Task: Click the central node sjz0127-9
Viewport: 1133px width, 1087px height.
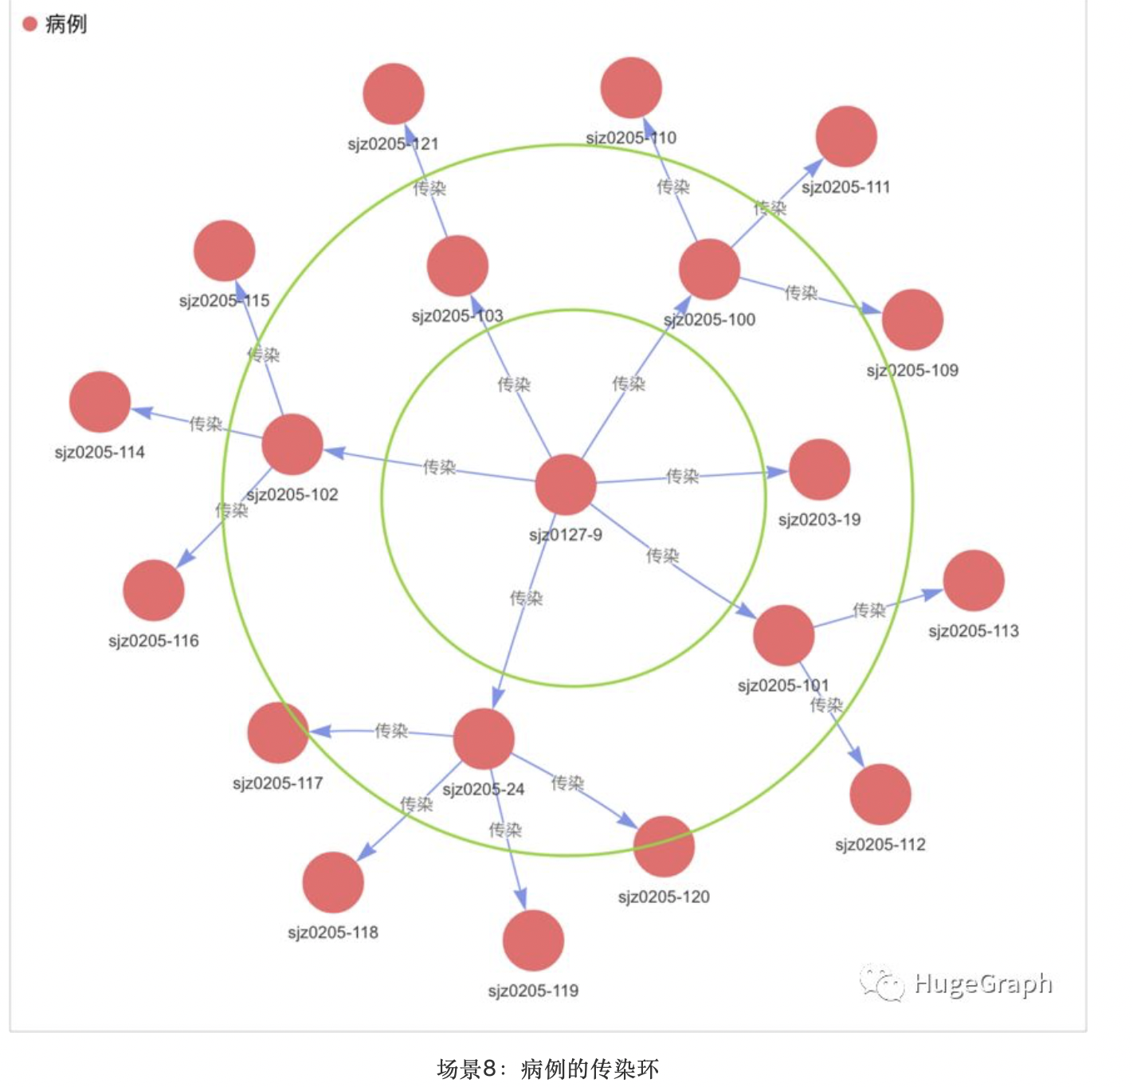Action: (x=566, y=485)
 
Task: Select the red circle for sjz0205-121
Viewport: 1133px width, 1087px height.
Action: (x=394, y=94)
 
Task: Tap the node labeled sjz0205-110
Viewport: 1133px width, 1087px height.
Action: (x=631, y=88)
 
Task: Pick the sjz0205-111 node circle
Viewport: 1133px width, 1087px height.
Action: (x=846, y=136)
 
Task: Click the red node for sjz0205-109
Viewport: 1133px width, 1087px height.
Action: (x=912, y=320)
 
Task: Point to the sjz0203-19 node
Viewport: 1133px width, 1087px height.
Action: (x=819, y=469)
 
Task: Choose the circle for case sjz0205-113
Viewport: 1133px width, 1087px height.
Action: (x=974, y=580)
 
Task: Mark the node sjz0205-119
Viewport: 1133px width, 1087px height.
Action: (x=533, y=940)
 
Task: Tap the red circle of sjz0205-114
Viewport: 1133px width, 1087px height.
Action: (x=100, y=402)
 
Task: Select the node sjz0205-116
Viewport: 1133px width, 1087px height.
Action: (x=154, y=590)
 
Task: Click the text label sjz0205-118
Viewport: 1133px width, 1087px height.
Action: (x=333, y=932)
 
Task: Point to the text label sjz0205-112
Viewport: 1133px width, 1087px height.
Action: (x=880, y=845)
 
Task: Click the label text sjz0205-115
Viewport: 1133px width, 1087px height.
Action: (x=224, y=300)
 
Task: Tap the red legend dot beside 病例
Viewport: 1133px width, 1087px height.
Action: (x=30, y=24)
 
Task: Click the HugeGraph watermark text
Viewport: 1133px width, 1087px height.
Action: (x=982, y=983)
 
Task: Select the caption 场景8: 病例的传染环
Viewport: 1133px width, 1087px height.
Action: (x=548, y=1069)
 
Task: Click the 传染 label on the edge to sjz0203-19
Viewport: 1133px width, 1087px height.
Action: (x=683, y=476)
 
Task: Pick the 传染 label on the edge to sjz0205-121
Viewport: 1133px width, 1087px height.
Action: (x=429, y=188)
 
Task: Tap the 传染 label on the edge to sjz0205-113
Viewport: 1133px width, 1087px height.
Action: (x=869, y=610)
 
